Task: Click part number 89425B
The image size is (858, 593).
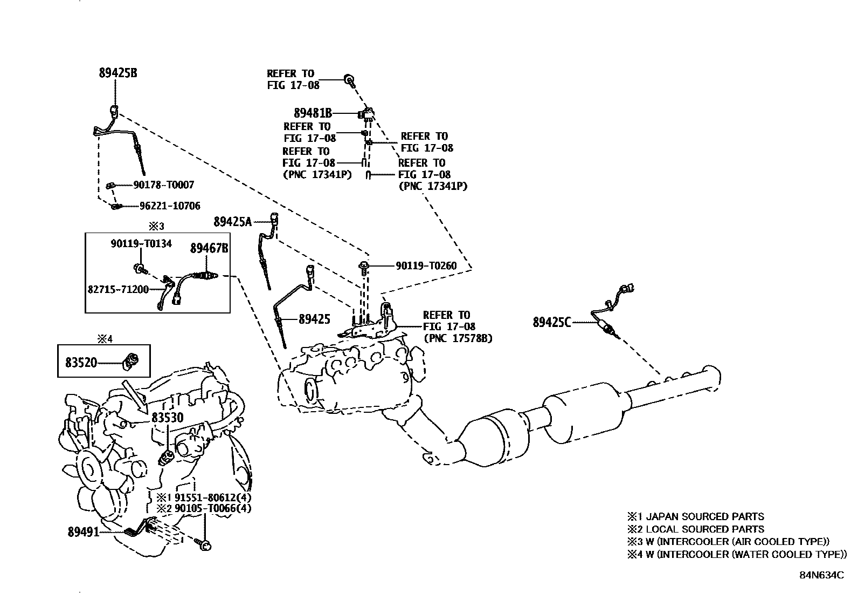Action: tap(117, 72)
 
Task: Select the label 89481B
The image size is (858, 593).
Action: tap(312, 113)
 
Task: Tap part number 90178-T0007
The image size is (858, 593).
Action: tap(163, 185)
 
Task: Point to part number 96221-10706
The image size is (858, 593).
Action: tap(169, 206)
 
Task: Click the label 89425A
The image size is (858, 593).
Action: tap(232, 222)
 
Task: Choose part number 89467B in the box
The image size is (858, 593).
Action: tap(209, 248)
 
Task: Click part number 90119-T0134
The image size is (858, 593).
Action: tap(141, 244)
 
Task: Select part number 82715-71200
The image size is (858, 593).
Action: tap(118, 290)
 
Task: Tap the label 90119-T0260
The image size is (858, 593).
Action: tap(426, 266)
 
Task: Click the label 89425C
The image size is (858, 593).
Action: tap(551, 323)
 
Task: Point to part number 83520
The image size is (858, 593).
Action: tap(81, 362)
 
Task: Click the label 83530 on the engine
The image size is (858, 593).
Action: tap(167, 417)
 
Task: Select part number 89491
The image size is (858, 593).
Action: tap(84, 532)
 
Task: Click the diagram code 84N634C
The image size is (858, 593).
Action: tap(821, 575)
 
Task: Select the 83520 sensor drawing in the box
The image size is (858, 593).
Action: tap(131, 360)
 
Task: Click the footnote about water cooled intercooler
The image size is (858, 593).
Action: tap(736, 554)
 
